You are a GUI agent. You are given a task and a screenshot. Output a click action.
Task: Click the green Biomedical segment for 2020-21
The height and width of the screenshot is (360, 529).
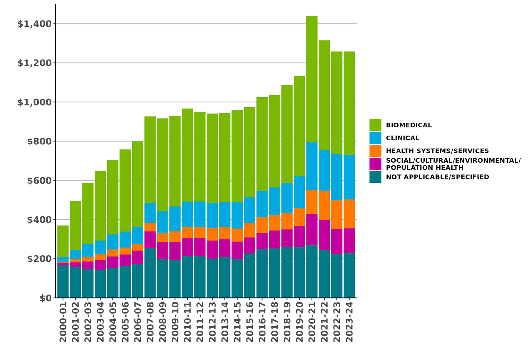click(x=312, y=79)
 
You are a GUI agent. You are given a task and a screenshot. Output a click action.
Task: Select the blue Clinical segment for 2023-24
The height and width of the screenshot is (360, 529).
click(x=349, y=177)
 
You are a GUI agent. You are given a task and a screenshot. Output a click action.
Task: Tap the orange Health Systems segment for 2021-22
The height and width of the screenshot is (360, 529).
click(x=324, y=205)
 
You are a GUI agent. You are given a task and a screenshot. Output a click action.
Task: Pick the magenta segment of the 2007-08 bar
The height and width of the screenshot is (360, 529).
click(x=150, y=240)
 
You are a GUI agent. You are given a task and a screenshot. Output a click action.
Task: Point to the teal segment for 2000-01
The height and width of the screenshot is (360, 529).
click(x=63, y=281)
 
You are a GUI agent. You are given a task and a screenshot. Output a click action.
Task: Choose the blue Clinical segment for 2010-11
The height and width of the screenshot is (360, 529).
click(x=187, y=214)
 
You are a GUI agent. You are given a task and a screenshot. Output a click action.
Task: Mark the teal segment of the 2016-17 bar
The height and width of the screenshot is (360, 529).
click(x=262, y=274)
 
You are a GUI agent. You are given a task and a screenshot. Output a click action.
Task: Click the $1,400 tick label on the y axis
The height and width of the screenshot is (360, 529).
click(x=34, y=24)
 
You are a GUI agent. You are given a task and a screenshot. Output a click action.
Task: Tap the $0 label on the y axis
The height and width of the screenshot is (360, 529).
click(x=45, y=298)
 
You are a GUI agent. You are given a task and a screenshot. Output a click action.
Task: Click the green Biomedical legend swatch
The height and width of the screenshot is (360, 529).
click(x=375, y=125)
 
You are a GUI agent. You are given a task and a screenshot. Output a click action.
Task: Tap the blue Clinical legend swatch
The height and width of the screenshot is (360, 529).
click(x=375, y=138)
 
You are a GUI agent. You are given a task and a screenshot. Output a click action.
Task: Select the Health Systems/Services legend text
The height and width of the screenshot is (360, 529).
click(x=437, y=151)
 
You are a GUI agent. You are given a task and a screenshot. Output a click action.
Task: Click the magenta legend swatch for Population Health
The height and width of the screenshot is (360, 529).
click(x=375, y=164)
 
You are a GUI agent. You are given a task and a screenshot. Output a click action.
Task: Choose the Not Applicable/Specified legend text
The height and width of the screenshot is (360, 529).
click(x=437, y=177)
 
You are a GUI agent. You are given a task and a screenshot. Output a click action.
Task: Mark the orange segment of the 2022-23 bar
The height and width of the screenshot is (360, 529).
click(x=337, y=215)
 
